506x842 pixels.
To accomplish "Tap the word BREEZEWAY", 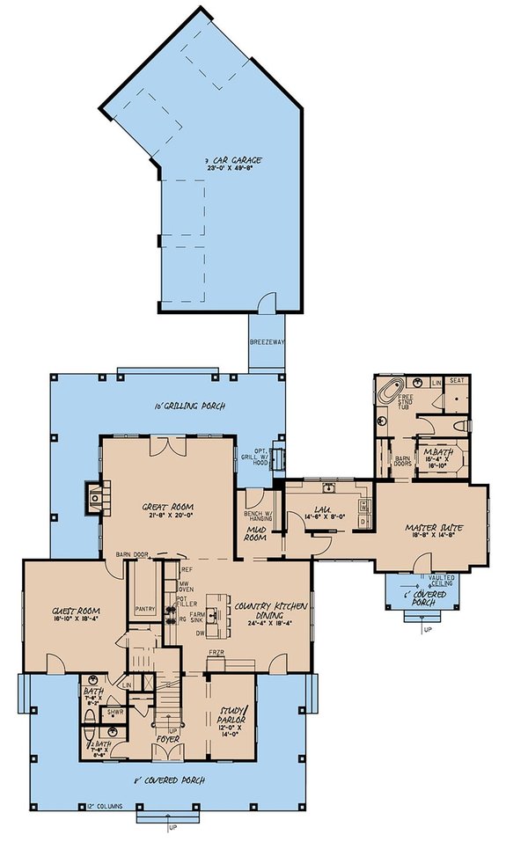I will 266,342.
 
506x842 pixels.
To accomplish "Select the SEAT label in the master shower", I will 458,382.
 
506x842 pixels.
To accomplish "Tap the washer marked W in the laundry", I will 363,509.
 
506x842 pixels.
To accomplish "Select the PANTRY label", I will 145,608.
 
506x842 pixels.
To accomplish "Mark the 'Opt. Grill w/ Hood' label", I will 260,455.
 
